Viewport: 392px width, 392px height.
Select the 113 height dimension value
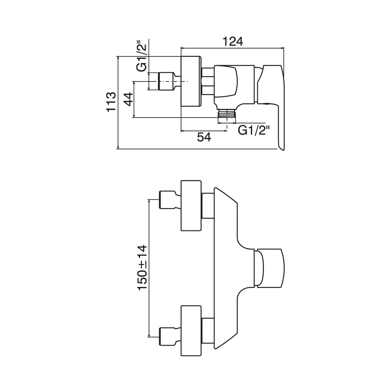coord(111,102)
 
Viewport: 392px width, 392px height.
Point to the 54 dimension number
coord(204,137)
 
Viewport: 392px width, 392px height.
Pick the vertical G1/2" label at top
coord(142,56)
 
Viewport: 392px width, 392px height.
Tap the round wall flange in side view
coord(191,82)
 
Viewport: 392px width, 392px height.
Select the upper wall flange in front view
coord(191,206)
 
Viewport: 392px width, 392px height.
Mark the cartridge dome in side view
coord(226,82)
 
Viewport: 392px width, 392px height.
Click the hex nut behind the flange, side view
coord(207,82)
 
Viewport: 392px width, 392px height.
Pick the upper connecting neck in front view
coord(207,205)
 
